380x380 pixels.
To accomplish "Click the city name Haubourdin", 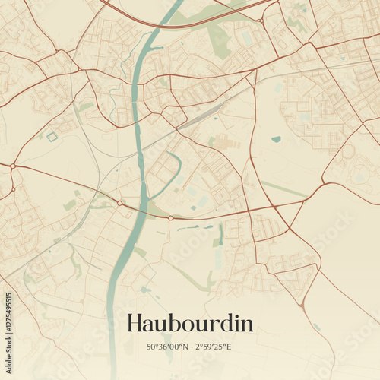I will click(190, 323).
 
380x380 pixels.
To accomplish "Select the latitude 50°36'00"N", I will click(168, 347).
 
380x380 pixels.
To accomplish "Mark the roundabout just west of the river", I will click(119, 203).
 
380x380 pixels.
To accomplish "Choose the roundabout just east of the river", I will click(170, 218).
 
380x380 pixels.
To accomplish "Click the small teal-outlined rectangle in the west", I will click(52, 137).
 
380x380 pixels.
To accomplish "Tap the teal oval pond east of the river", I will click(275, 139).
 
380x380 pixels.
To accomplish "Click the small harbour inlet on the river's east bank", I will click(157, 49).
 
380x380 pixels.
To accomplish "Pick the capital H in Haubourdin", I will click(135, 323).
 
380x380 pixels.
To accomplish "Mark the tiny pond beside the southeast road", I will click(315, 328).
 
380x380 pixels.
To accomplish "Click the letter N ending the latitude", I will click(185, 347).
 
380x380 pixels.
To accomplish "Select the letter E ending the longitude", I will click(231, 347).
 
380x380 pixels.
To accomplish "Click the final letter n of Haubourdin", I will click(246, 325).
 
